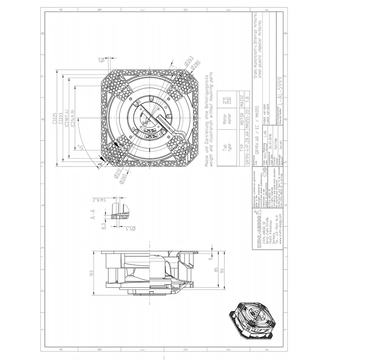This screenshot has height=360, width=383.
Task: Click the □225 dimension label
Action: (55, 118)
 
